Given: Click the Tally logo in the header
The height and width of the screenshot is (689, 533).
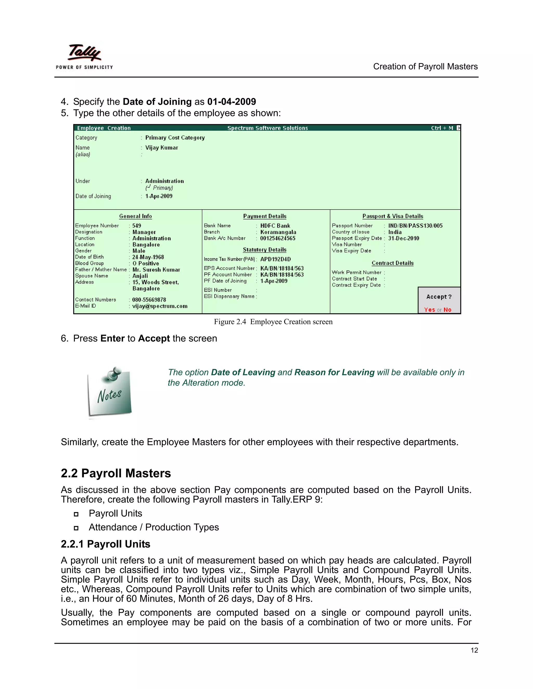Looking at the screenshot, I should (84, 53).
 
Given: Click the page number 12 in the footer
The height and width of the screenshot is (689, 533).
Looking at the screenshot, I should (474, 651).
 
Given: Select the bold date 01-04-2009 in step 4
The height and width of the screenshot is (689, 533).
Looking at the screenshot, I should (231, 102).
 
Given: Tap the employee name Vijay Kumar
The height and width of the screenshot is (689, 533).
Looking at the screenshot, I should (161, 148).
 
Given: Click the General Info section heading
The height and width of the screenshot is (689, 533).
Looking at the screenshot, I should (135, 216).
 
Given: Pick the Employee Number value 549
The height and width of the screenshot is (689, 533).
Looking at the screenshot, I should (136, 226).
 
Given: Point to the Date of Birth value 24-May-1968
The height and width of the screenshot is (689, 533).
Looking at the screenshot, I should (148, 257).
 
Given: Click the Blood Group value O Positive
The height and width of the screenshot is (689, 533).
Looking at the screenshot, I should (145, 263).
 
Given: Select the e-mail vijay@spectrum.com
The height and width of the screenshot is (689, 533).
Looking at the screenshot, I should (160, 306).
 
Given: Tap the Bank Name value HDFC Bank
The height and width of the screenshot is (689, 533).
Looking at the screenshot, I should (275, 226).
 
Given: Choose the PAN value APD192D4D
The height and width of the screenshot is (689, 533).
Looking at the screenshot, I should (275, 259).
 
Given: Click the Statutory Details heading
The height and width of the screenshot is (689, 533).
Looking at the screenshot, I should (265, 250).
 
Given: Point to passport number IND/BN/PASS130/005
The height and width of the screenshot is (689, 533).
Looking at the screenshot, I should (415, 226).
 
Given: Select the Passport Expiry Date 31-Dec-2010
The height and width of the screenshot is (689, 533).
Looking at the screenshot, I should (404, 238).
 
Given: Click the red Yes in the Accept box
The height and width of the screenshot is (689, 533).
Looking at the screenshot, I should (429, 310).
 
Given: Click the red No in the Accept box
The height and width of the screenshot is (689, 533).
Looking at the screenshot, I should (447, 310).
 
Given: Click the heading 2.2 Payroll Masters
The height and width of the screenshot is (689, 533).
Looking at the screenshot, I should (116, 473).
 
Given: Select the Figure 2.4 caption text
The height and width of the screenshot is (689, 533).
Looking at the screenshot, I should (273, 322).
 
